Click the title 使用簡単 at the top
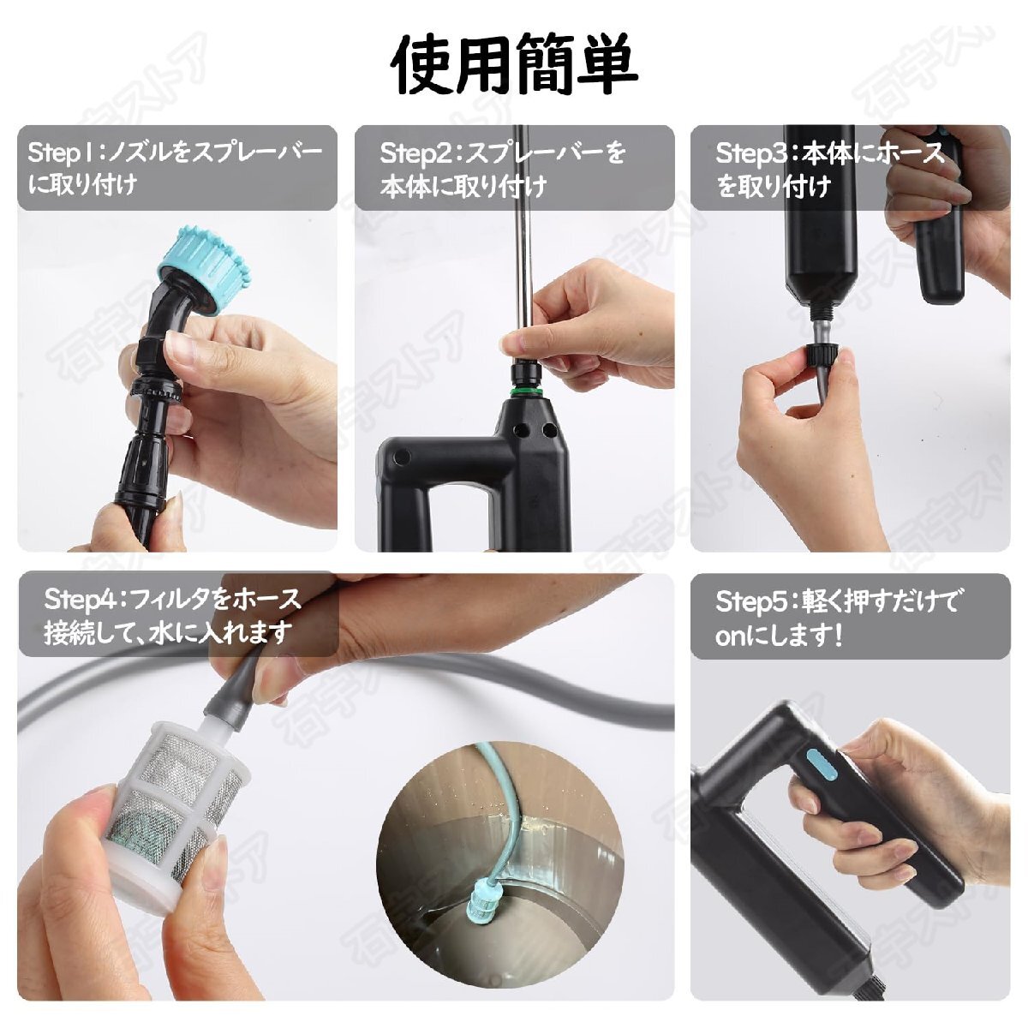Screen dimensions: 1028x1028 pos(514,63)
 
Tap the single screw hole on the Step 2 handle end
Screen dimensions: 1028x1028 pos(402,457)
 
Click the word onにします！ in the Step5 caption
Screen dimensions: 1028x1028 pos(779,637)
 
